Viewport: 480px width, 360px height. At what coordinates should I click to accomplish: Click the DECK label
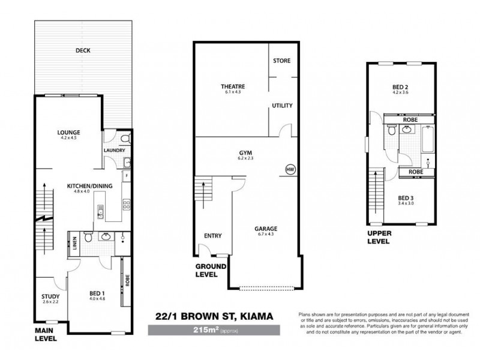point(83,51)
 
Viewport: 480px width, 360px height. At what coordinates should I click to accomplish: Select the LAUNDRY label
point(113,151)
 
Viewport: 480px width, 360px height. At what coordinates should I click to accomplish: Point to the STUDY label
point(50,296)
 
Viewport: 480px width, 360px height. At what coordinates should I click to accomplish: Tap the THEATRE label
point(232,87)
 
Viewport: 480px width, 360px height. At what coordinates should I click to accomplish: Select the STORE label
point(281,61)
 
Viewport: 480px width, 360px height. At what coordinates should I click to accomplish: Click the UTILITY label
point(282,106)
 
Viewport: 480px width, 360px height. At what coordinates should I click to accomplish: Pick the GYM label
point(245,153)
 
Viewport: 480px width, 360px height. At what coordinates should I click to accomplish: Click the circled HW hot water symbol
point(291,169)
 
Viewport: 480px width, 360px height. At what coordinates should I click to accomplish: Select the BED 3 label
point(406,198)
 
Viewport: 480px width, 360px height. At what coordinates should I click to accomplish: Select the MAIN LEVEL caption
point(46,334)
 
